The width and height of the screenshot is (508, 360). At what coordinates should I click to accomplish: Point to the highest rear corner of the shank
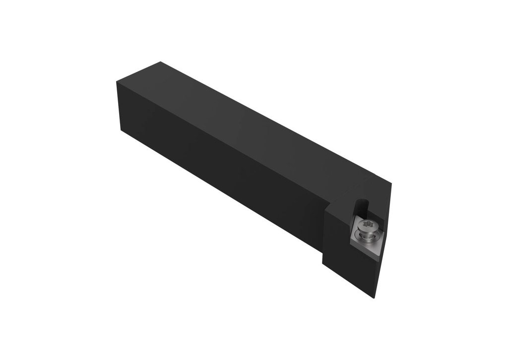coord(160,62)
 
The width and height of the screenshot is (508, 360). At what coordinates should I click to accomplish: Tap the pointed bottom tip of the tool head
coord(373,298)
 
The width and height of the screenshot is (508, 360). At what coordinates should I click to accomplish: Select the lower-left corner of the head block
coord(323,263)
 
